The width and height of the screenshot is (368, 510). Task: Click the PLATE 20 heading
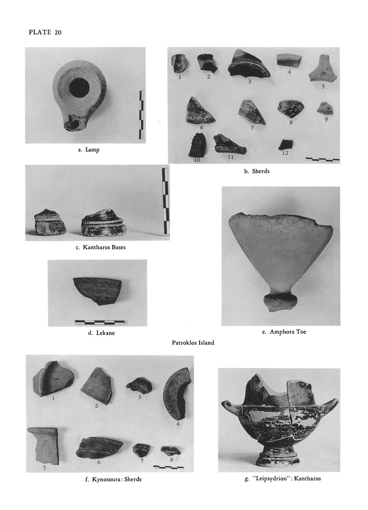(45, 32)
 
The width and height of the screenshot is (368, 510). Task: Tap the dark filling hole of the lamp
(79, 87)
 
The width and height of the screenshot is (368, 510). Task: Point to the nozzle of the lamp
(72, 124)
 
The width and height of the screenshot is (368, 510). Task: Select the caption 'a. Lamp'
(89, 149)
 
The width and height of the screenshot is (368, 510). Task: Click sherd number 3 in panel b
(249, 64)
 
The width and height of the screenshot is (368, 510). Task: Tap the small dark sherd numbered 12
(286, 144)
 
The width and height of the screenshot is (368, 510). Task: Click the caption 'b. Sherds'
(257, 171)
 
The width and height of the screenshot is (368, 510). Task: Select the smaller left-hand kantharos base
(50, 222)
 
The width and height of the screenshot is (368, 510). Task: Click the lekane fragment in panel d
(97, 290)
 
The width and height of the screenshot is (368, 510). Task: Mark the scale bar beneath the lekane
(100, 323)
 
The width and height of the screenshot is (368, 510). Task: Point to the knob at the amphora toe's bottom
(280, 303)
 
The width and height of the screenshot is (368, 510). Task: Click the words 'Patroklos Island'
(193, 343)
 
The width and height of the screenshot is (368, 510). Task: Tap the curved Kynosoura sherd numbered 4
(177, 393)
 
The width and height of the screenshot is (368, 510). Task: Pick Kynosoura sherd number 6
(99, 448)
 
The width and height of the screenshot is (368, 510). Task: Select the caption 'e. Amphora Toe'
(284, 332)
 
